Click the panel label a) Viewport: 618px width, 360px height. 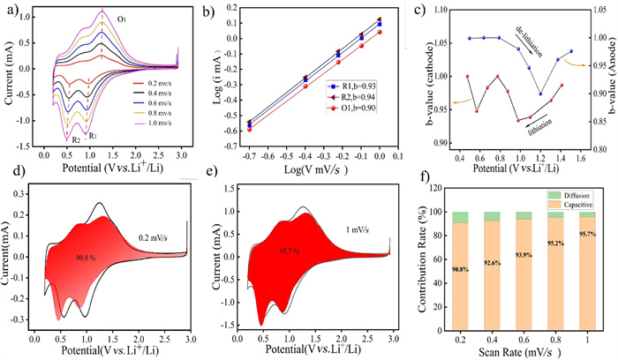coord(9,11)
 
